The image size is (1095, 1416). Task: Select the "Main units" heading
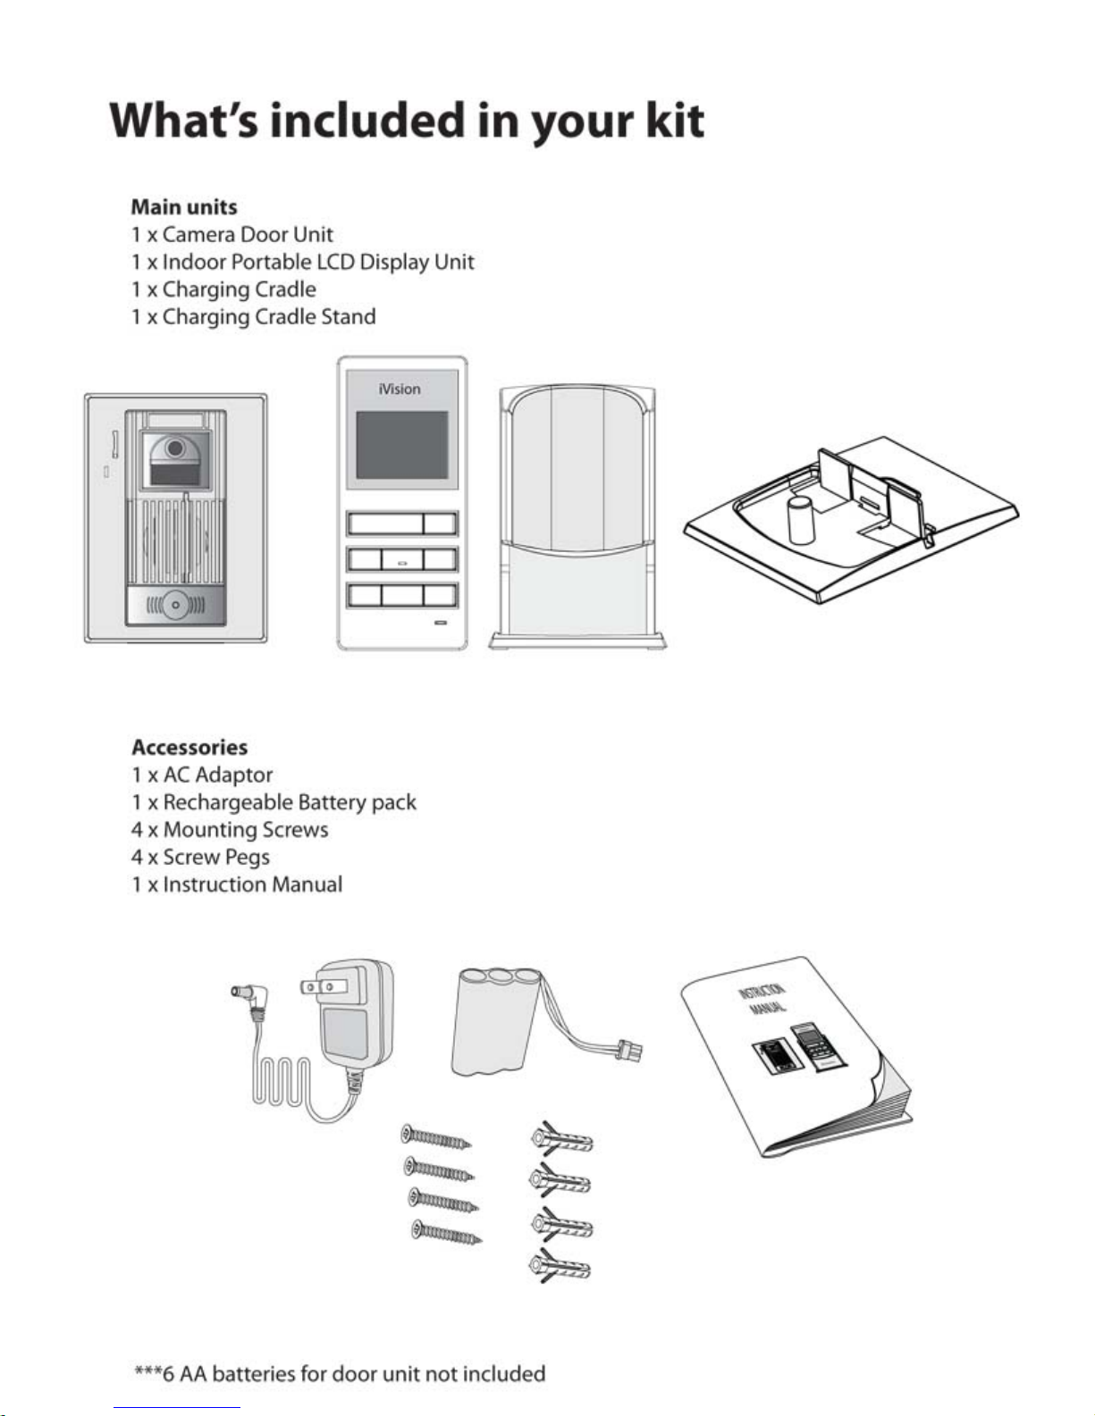[x=184, y=207]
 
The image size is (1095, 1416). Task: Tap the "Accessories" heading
[x=190, y=747]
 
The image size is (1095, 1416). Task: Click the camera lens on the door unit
[x=174, y=448]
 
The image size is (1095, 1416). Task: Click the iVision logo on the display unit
[x=399, y=389]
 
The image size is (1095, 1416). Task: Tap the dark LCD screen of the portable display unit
[x=401, y=444]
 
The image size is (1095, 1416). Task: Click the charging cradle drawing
[x=577, y=518]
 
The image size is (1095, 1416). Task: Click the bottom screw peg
[x=560, y=1267]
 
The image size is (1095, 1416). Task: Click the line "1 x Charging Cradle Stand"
[x=254, y=316]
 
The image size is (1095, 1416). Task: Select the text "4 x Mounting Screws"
[x=230, y=830]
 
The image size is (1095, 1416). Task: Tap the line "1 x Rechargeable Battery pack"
[x=274, y=802]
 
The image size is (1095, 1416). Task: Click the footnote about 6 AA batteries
[x=340, y=1374]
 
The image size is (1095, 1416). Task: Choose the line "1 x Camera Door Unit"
[x=232, y=235]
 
